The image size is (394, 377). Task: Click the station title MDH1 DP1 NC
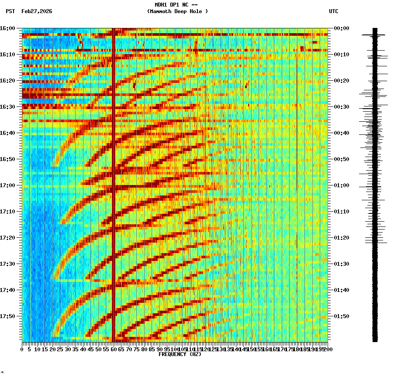pos(177,5)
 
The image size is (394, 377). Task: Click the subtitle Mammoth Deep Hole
pos(177,11)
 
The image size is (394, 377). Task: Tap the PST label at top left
pos(10,11)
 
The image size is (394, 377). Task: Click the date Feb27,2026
pos(37,11)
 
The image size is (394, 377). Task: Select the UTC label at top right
pos(333,11)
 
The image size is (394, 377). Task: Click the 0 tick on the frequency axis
pos(22,350)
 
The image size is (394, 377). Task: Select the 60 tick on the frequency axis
pos(114,350)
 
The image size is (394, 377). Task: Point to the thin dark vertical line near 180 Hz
pos(297,131)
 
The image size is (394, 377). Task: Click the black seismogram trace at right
pos(375,183)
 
